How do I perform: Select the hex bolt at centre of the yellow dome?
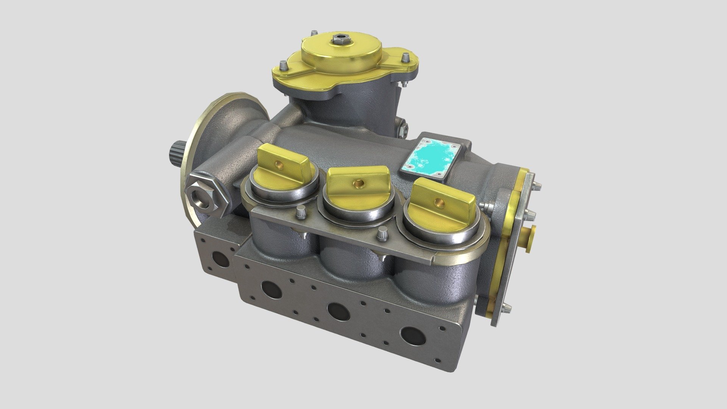click(338, 38)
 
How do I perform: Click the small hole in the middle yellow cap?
click(357, 184)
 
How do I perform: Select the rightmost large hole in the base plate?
click(412, 335)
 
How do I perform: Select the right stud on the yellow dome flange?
click(405, 58)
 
